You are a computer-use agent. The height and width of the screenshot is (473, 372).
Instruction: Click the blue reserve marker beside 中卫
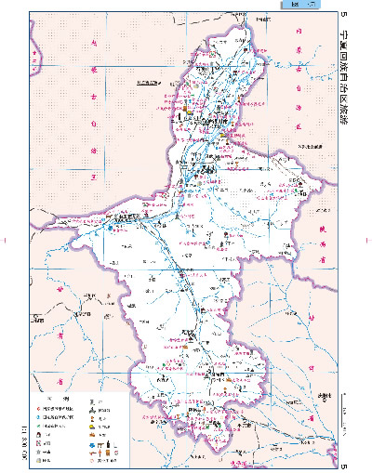pos(109,226)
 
